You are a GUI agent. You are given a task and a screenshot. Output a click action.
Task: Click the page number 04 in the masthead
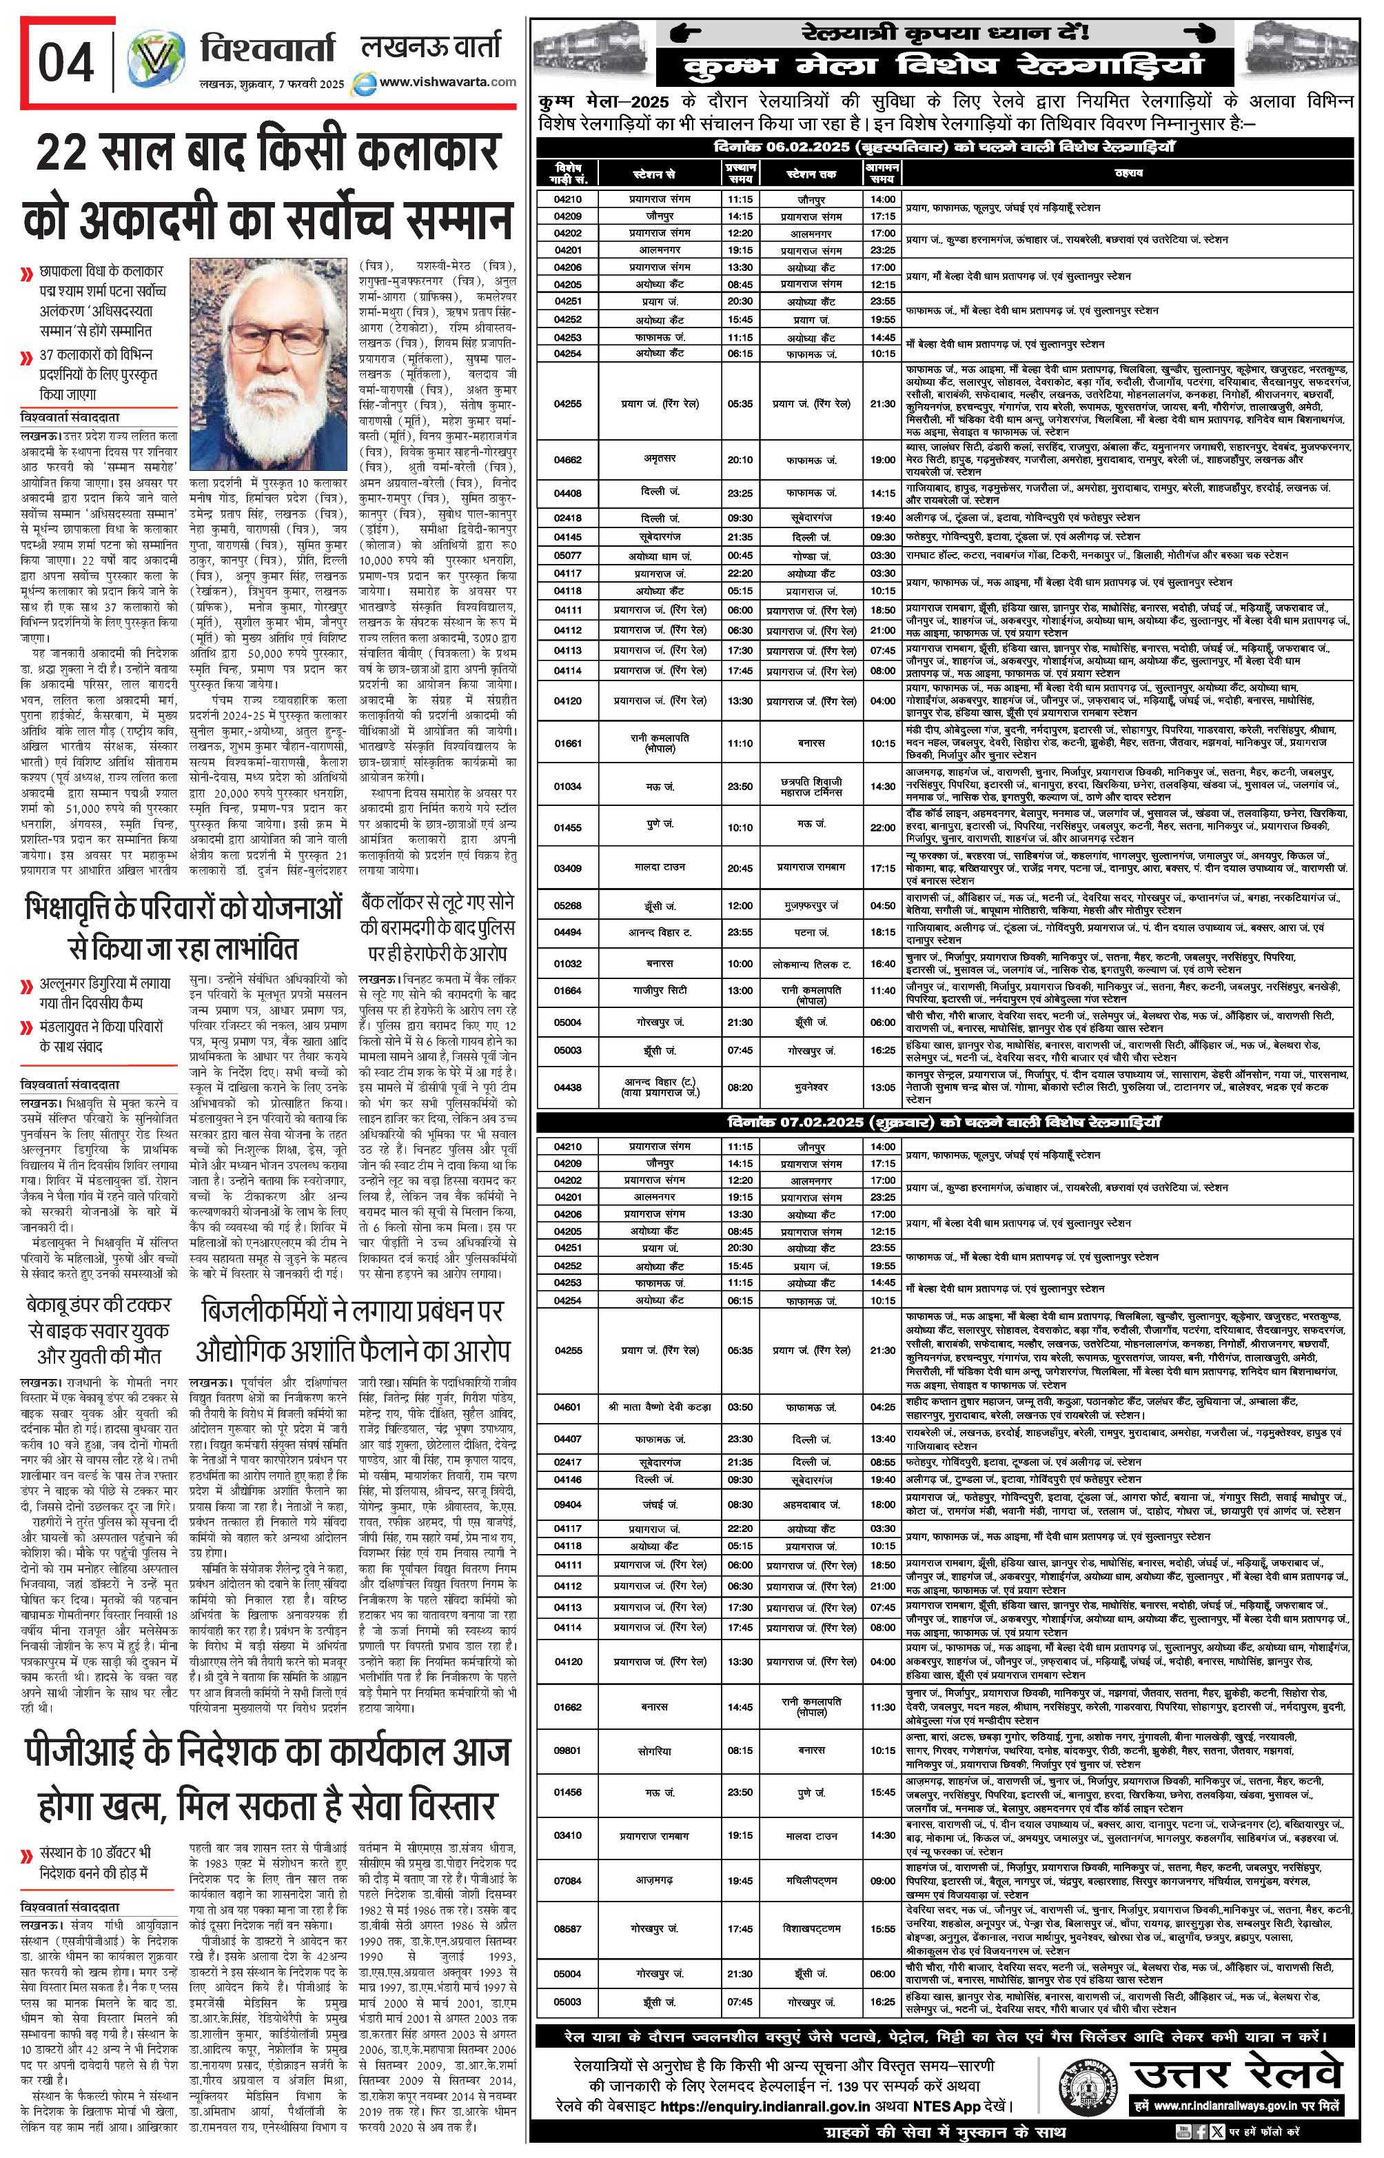coord(65,64)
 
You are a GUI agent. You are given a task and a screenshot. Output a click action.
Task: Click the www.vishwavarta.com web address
coord(447,82)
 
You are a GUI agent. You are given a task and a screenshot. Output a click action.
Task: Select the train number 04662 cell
coord(567,460)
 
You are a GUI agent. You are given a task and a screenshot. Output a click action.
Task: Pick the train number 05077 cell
coord(567,556)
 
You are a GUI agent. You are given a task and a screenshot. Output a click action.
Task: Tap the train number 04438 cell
coord(567,1087)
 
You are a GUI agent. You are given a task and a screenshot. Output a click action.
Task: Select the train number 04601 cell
coord(567,1406)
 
